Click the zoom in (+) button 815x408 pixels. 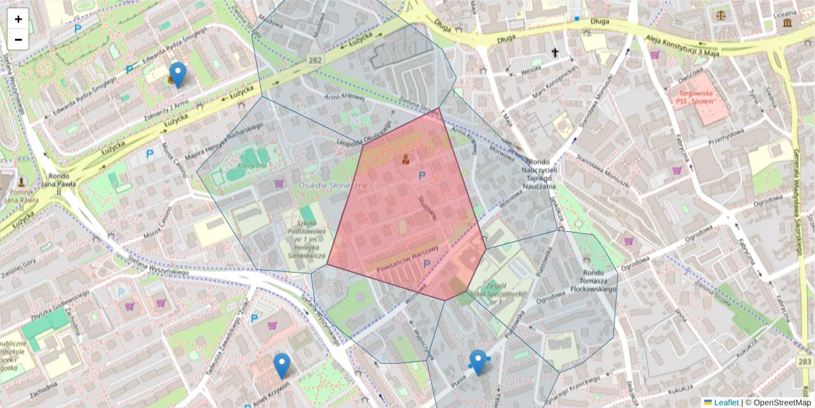pos(18,19)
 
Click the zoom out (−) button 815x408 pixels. pos(18,39)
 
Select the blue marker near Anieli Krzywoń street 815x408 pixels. pos(282,366)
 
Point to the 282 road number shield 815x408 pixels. pos(314,61)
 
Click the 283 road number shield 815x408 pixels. pos(805,361)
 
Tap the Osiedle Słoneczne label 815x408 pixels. pos(333,185)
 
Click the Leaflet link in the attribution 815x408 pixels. pos(725,403)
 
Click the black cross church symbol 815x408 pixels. pos(555,52)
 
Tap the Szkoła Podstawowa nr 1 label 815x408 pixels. pos(303,234)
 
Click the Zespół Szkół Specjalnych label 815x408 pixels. pos(491,292)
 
